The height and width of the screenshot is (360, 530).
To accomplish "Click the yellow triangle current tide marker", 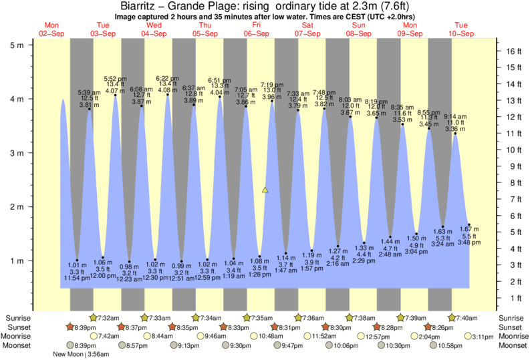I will [x=265, y=190].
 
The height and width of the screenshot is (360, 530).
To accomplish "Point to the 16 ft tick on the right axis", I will [x=511, y=51].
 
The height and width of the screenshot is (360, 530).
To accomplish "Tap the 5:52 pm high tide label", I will [x=116, y=78].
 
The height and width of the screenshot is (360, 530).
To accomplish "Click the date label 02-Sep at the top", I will [x=51, y=33].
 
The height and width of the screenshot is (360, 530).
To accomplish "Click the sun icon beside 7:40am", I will [x=452, y=317].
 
